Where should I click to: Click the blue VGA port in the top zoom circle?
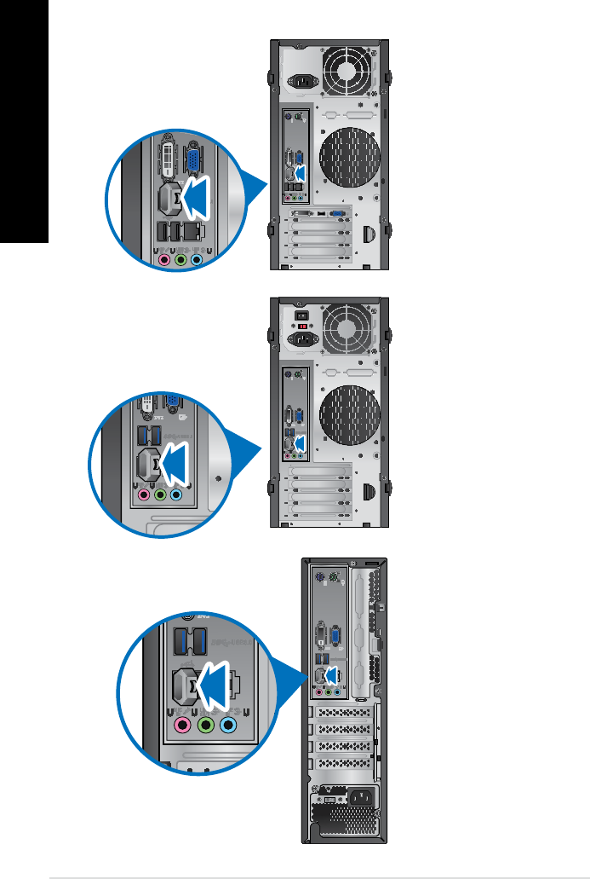[x=195, y=162]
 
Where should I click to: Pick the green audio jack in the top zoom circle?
[x=181, y=259]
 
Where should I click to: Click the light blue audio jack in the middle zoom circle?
[x=176, y=494]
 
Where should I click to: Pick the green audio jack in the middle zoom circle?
[x=160, y=494]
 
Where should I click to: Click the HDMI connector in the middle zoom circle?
[x=146, y=463]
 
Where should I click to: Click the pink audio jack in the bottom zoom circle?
[x=181, y=726]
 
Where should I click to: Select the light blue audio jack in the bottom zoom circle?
[x=227, y=726]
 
